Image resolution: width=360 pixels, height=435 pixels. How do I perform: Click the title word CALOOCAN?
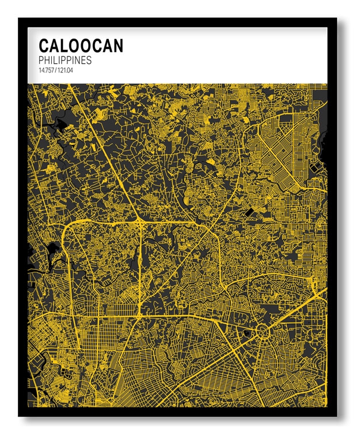pyautogui.click(x=81, y=45)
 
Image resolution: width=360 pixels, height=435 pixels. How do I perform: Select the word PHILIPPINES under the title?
pyautogui.click(x=65, y=60)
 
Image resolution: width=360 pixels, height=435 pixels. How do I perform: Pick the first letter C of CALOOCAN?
pyautogui.click(x=44, y=45)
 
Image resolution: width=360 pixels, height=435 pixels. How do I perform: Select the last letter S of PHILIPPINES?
pyautogui.click(x=89, y=60)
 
